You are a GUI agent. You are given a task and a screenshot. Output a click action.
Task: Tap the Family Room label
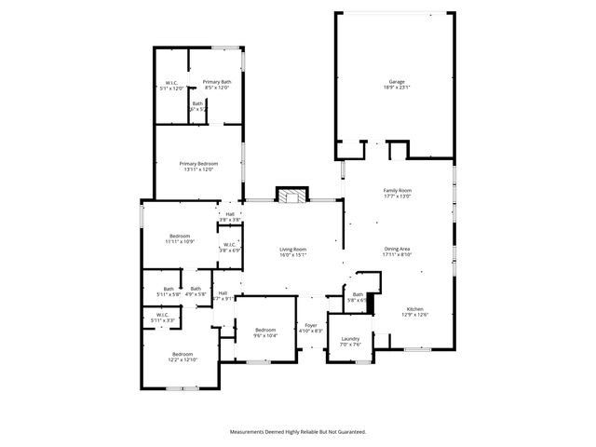(398, 190)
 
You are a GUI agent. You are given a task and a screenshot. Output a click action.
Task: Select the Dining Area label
(398, 249)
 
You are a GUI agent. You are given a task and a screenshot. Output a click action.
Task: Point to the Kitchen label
(414, 309)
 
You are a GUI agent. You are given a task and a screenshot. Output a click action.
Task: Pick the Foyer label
(310, 325)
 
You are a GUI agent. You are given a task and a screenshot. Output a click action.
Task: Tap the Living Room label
(293, 249)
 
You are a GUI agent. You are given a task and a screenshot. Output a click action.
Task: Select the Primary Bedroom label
(199, 164)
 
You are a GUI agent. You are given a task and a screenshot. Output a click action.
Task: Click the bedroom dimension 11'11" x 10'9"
(181, 241)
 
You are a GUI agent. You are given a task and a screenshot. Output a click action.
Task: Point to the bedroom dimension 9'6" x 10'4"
(266, 335)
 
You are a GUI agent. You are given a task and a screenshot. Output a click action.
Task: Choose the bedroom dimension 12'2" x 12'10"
(182, 359)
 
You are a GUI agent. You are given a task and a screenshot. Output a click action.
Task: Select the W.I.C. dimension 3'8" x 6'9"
(230, 251)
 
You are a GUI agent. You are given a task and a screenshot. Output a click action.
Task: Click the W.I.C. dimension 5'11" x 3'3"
(162, 320)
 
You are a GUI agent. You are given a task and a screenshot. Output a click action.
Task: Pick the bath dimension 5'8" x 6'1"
(358, 300)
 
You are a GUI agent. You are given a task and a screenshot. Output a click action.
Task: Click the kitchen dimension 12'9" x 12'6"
(414, 315)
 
